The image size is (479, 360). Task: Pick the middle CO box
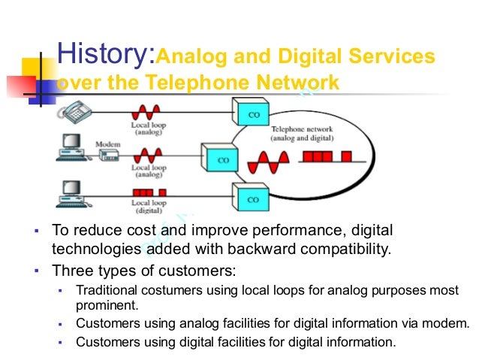pos(223,159)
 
